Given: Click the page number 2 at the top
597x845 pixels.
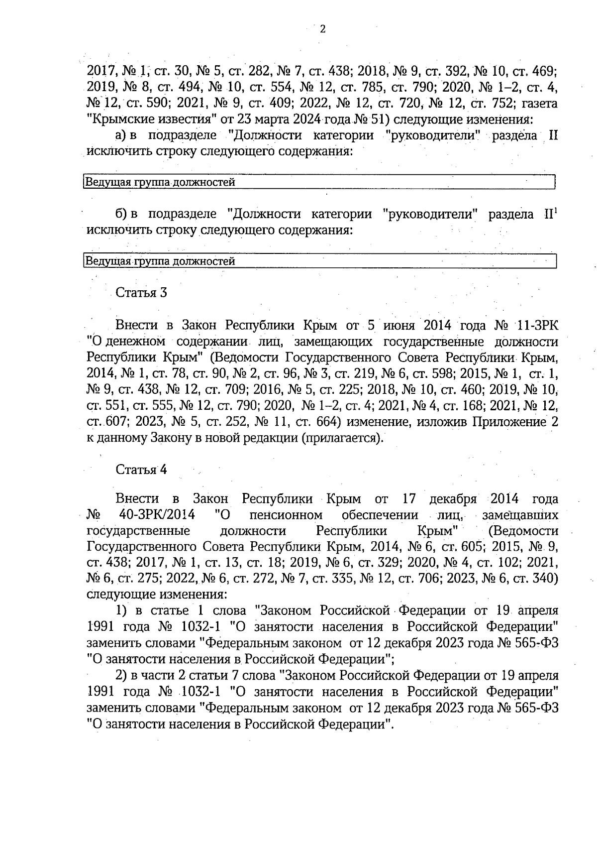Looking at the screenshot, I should click(322, 29).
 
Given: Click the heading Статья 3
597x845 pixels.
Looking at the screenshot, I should click(141, 293).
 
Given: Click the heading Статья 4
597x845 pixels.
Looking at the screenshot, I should click(141, 470).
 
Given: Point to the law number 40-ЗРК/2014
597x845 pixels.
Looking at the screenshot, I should click(157, 514).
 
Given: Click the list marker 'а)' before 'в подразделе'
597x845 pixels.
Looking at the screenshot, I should click(121, 135).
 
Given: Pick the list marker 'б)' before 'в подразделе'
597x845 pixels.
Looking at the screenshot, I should click(121, 214).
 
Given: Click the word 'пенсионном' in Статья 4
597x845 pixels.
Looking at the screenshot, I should click(286, 514).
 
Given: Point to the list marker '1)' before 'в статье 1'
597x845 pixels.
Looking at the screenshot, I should click(121, 610).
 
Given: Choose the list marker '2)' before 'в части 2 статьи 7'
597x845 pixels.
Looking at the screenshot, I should click(121, 676).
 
